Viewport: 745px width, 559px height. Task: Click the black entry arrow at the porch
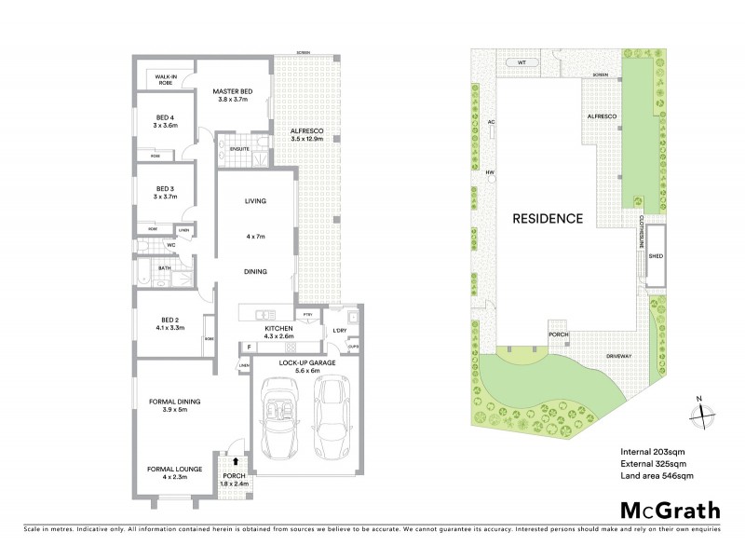pos(236,460)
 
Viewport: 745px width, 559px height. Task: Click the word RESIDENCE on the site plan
pos(548,219)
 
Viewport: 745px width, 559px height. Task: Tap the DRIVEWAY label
pos(622,355)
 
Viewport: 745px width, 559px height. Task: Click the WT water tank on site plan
pos(521,62)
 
